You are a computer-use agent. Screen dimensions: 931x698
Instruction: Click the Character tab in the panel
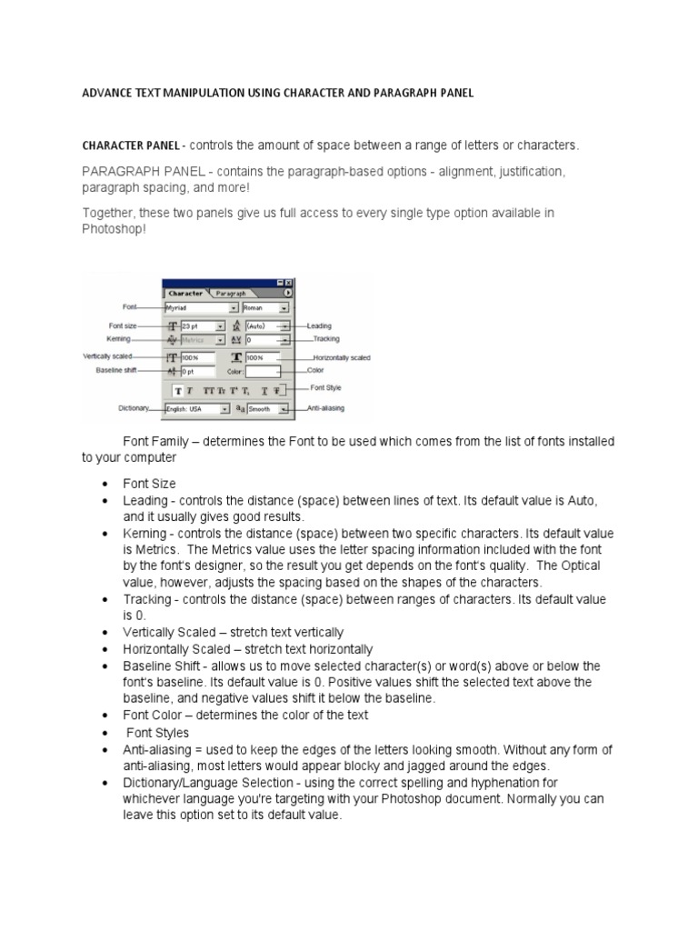(185, 294)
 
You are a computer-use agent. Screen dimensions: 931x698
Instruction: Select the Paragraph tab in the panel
(231, 294)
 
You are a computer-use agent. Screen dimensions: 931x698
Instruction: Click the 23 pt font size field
(203, 325)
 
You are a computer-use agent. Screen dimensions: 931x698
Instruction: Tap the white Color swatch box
(263, 371)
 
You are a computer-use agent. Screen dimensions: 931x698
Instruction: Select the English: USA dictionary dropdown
(197, 410)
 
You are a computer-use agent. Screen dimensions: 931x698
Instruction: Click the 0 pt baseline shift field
(197, 371)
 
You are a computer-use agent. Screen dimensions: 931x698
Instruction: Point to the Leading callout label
(320, 325)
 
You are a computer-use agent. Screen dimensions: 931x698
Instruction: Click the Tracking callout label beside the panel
(326, 338)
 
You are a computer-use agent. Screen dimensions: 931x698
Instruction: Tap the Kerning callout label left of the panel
(119, 338)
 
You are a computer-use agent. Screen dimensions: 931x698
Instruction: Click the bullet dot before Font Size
(106, 485)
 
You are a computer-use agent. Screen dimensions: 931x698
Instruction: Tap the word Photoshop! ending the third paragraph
(114, 229)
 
